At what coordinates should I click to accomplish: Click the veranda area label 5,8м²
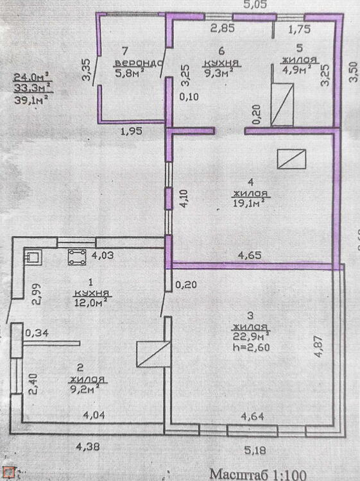pyautogui.click(x=130, y=73)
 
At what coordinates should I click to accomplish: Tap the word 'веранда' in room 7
pyautogui.click(x=139, y=63)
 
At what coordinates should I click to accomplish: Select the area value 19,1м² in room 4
pyautogui.click(x=248, y=203)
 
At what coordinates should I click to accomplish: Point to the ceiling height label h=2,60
pyautogui.click(x=252, y=347)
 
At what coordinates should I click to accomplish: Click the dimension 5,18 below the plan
pyautogui.click(x=255, y=450)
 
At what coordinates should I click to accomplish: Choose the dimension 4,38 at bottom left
pyautogui.click(x=88, y=446)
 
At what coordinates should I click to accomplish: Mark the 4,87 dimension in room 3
pyautogui.click(x=318, y=346)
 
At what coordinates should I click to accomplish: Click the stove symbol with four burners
pyautogui.click(x=77, y=257)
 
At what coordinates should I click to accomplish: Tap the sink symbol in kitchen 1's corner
pyautogui.click(x=33, y=257)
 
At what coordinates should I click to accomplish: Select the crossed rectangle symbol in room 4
pyautogui.click(x=291, y=159)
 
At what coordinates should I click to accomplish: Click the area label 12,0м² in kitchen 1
pyautogui.click(x=90, y=303)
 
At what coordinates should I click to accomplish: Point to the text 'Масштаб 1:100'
pyautogui.click(x=258, y=474)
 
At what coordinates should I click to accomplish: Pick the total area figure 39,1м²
pyautogui.click(x=31, y=99)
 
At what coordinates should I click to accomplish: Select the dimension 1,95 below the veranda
pyautogui.click(x=132, y=131)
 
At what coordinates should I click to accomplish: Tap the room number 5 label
pyautogui.click(x=300, y=48)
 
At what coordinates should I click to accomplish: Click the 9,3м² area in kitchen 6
pyautogui.click(x=221, y=73)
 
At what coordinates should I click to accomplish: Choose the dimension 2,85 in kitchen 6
pyautogui.click(x=223, y=28)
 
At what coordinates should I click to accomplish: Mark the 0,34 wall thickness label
pyautogui.click(x=37, y=333)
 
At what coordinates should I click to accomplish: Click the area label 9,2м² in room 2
pyautogui.click(x=85, y=389)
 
